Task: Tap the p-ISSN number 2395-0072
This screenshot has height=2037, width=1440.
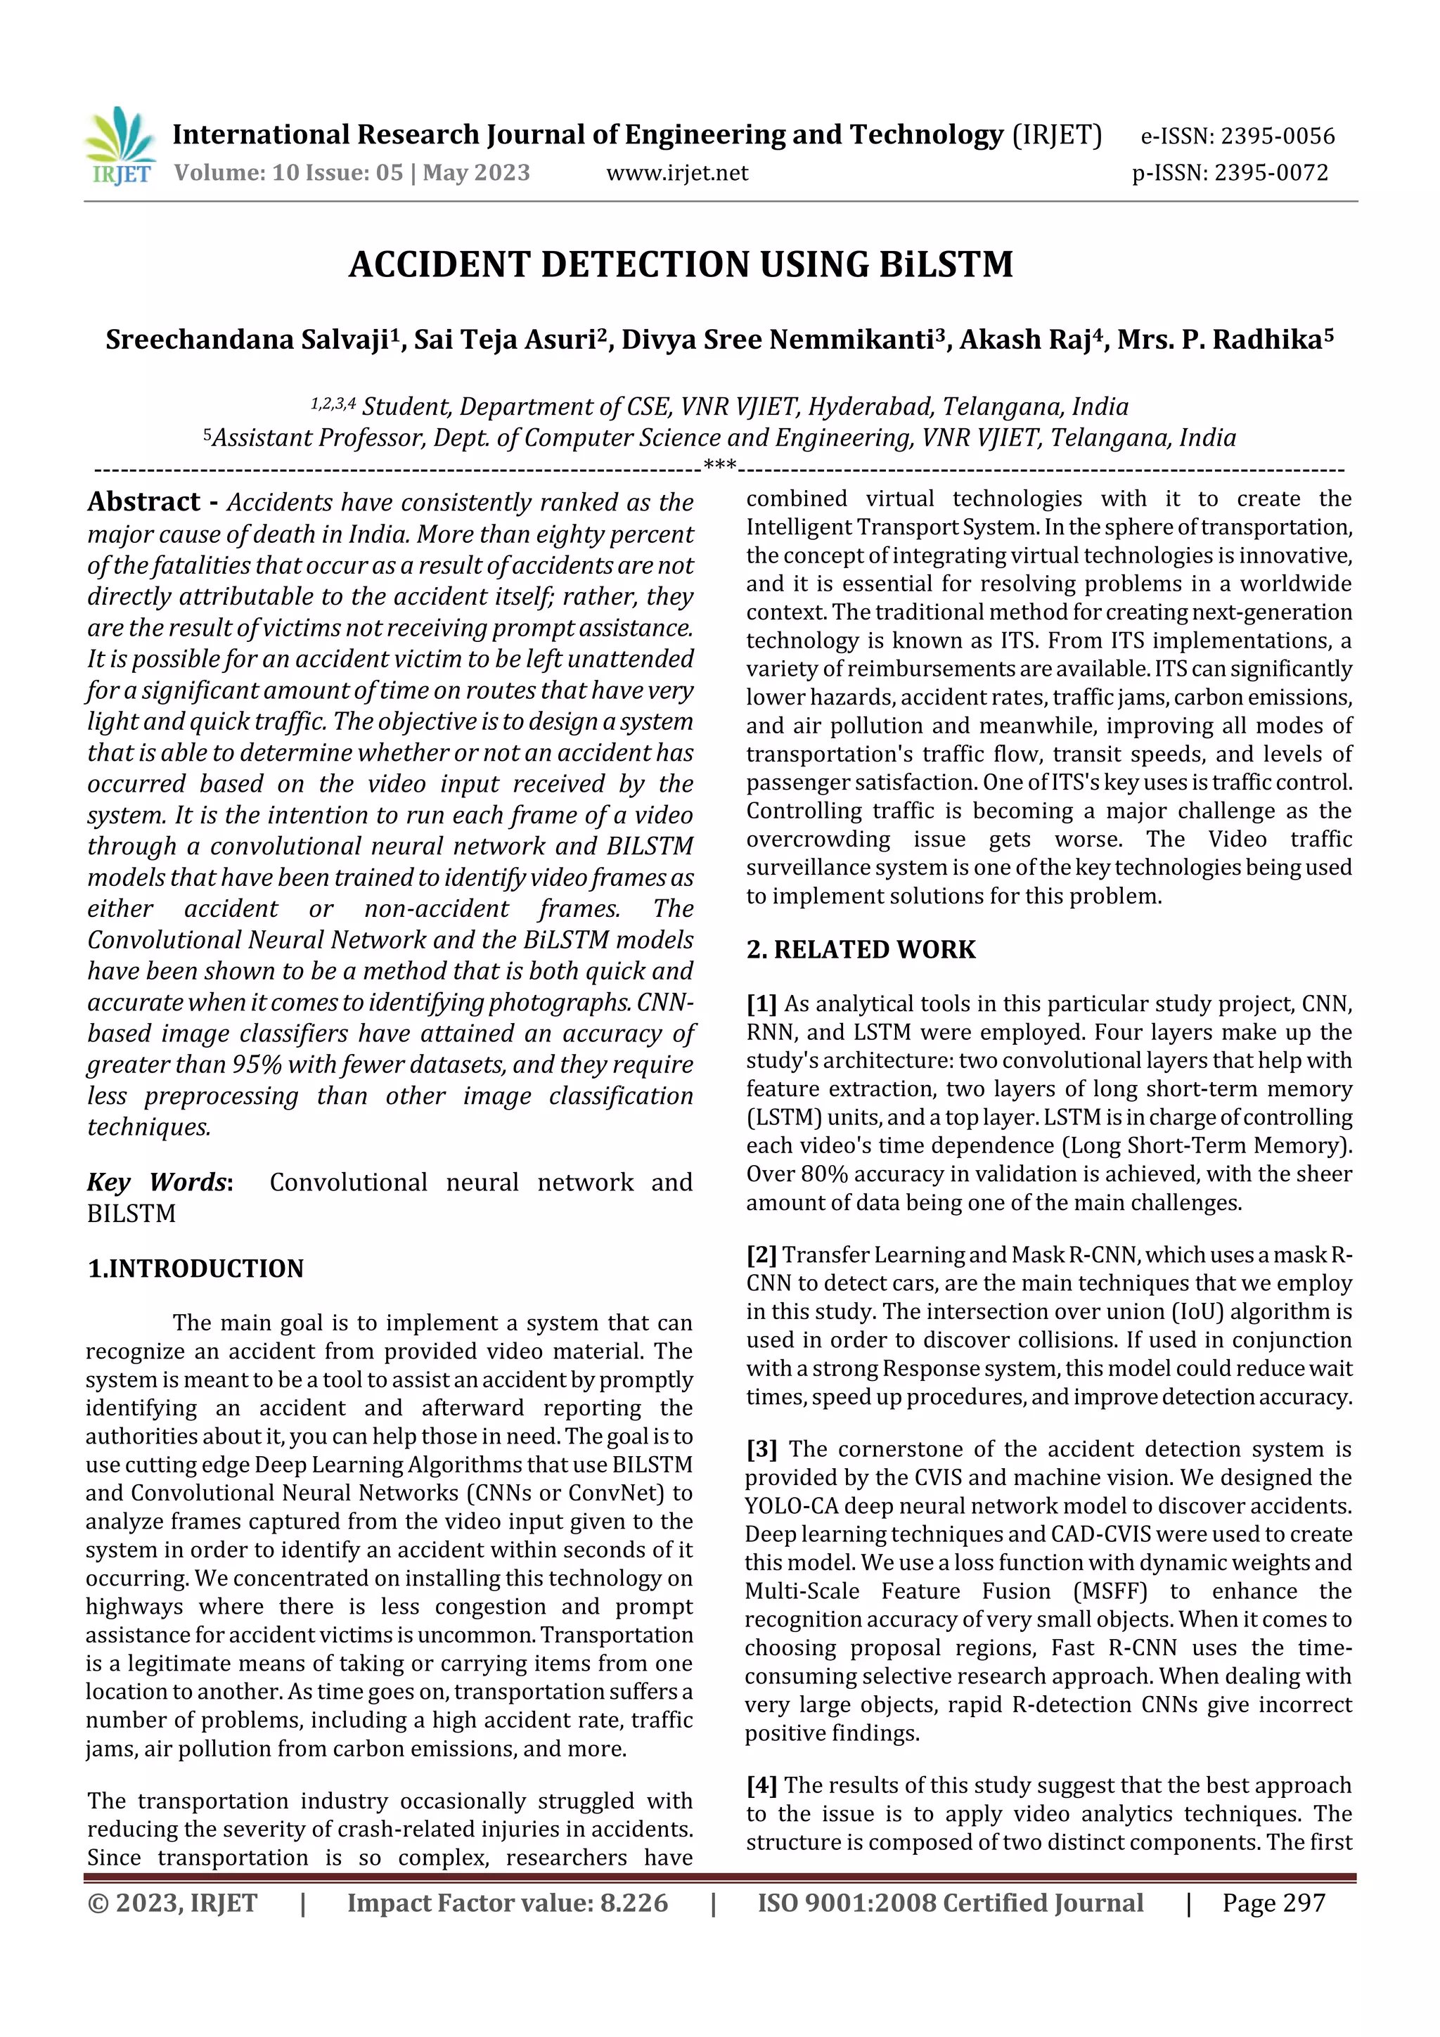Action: coord(1271,173)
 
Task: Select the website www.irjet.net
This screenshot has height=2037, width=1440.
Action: coord(677,173)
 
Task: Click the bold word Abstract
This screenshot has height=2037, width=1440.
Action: coord(143,502)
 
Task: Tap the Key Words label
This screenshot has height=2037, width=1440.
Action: coord(159,1182)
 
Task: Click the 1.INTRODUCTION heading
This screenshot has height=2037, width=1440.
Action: coord(196,1268)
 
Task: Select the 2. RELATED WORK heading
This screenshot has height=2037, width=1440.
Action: coord(861,950)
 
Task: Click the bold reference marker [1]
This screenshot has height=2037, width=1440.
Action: coord(761,1004)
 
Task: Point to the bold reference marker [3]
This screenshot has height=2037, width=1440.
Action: coord(761,1450)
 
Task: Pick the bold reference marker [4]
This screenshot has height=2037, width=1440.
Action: coord(761,1786)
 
